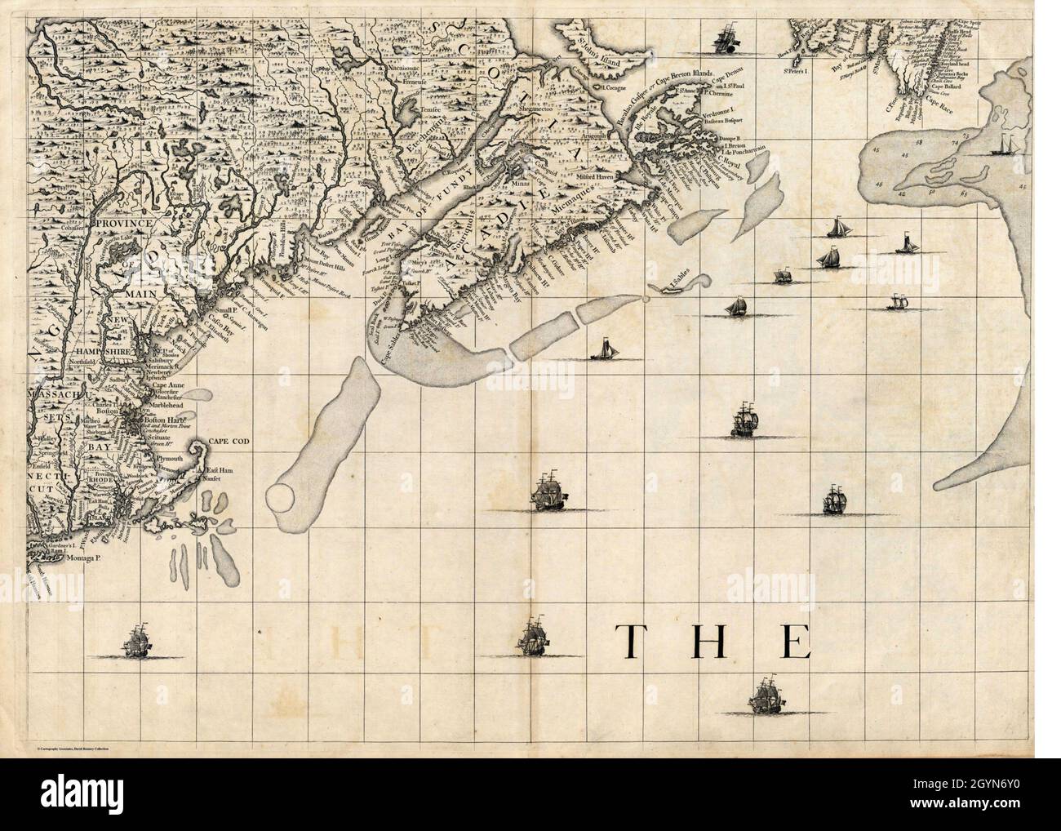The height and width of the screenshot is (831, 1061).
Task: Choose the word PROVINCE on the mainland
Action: [x=122, y=222]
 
